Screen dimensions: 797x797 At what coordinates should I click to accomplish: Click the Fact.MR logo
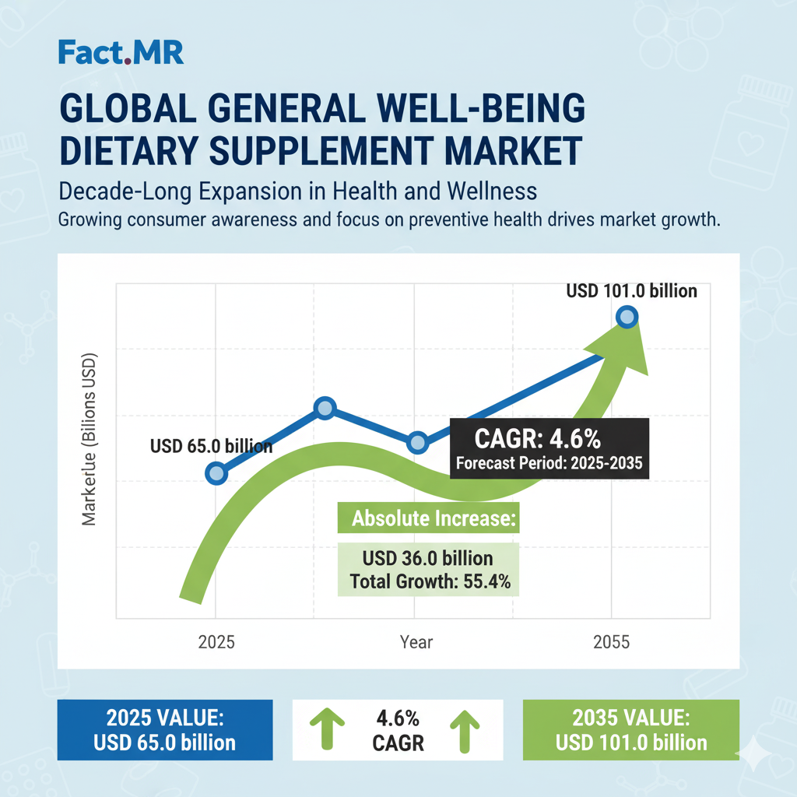tap(121, 53)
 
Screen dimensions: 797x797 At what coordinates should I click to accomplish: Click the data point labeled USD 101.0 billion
tap(627, 317)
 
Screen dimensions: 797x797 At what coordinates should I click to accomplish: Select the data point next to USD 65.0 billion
tap(218, 473)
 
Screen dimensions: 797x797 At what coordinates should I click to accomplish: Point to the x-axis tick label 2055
tap(610, 643)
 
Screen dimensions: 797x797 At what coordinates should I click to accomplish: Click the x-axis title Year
tap(416, 643)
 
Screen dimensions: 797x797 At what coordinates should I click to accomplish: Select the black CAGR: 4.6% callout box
tap(548, 451)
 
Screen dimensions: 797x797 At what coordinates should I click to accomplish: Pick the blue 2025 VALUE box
tap(165, 730)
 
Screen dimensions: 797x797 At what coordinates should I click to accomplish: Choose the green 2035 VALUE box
tap(631, 730)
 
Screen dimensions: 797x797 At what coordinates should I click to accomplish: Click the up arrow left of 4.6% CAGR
tap(326, 729)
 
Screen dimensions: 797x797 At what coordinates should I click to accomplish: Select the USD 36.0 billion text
tap(427, 559)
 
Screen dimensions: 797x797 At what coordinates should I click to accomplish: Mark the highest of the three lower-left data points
tap(325, 408)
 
